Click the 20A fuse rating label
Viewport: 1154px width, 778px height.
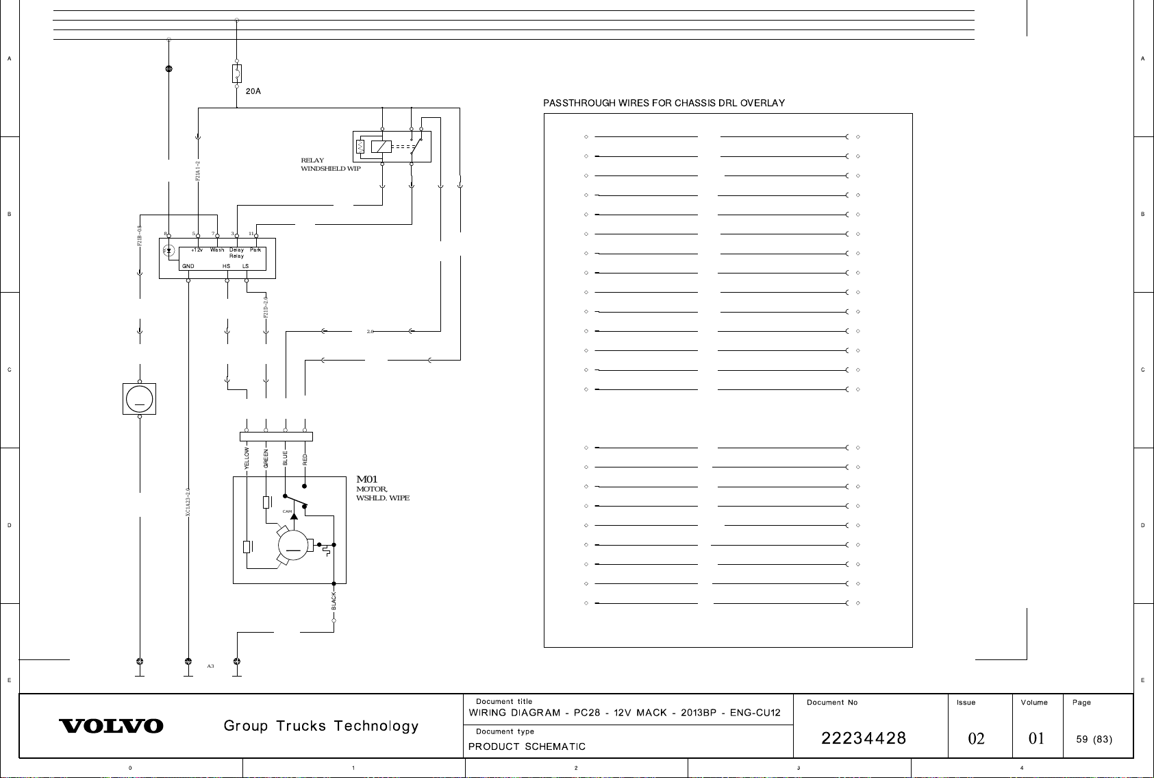click(x=253, y=91)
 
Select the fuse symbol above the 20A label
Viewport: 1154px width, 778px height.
click(x=237, y=73)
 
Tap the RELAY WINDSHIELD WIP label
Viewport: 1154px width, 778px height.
click(x=331, y=165)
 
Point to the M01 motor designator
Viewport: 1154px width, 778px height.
click(x=367, y=480)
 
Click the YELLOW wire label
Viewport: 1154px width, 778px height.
click(x=247, y=458)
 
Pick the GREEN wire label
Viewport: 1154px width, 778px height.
click(x=266, y=459)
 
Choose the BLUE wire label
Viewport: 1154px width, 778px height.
click(x=285, y=459)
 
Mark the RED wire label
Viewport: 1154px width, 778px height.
click(x=305, y=459)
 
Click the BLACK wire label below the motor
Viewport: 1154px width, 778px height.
click(x=334, y=600)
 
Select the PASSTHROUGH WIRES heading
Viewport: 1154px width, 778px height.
click(x=664, y=104)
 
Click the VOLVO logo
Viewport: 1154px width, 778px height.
click(x=112, y=726)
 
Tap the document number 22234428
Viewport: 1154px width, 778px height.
click(x=864, y=738)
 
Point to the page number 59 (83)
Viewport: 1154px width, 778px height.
click(x=1094, y=739)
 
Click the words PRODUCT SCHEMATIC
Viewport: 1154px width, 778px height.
click(x=527, y=746)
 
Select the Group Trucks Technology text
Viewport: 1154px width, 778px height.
click(x=321, y=726)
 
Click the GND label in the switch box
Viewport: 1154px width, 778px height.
click(x=188, y=266)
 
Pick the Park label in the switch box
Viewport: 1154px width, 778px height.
click(x=255, y=250)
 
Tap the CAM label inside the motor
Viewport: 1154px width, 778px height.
click(x=288, y=511)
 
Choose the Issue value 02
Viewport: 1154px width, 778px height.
click(x=976, y=739)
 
